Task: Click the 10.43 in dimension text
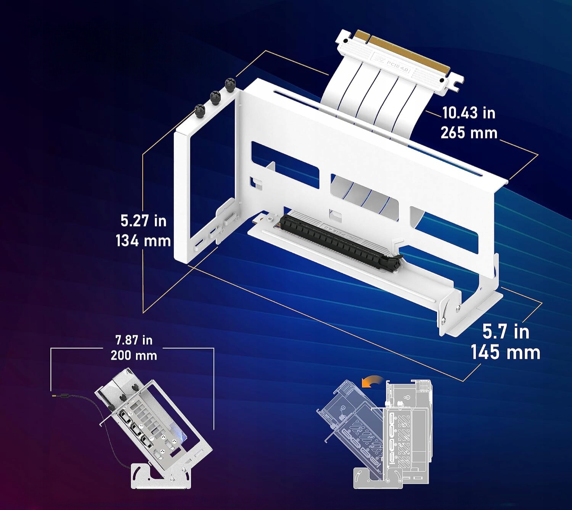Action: point(468,113)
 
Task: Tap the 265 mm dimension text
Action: point(469,133)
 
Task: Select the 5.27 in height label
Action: point(143,220)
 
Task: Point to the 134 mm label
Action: point(143,241)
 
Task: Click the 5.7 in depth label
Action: point(506,331)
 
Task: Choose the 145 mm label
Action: point(505,352)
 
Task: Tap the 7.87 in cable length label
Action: point(134,340)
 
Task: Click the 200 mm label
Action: point(134,355)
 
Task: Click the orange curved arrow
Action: point(372,381)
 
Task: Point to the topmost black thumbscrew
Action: point(230,85)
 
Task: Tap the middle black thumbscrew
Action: point(215,98)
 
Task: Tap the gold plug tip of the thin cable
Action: point(53,396)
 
